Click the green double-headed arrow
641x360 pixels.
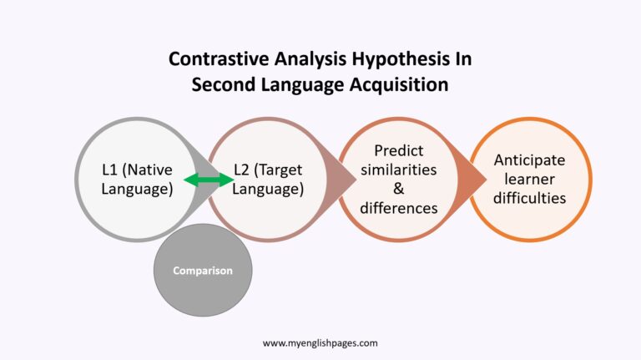(x=209, y=179)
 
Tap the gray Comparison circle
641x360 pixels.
(x=203, y=271)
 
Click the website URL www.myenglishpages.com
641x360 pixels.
(x=320, y=342)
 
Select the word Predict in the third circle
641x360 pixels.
(x=398, y=150)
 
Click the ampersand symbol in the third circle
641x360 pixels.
(x=398, y=189)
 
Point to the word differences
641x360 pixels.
(x=398, y=208)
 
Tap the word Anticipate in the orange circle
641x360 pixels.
(x=529, y=160)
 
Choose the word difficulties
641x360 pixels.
(x=529, y=198)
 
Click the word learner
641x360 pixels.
(x=529, y=179)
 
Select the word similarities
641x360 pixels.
(x=398, y=170)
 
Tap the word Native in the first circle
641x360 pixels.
(x=148, y=170)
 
